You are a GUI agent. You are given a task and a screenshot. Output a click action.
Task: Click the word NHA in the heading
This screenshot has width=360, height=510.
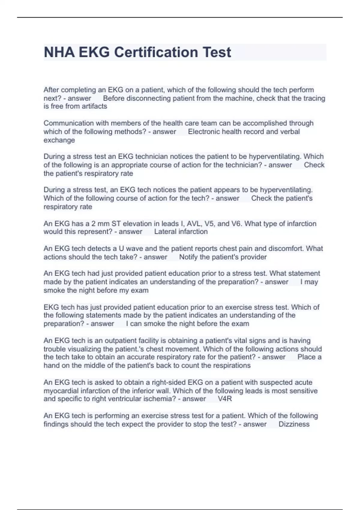coord(59,52)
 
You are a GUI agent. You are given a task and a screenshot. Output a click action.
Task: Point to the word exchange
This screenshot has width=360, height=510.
coord(59,140)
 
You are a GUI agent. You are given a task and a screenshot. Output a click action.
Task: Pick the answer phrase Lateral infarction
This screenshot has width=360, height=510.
coord(181,232)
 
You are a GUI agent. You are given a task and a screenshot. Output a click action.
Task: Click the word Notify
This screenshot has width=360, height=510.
coord(188,257)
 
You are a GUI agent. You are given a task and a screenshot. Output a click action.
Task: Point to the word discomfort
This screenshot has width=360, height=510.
coord(286,249)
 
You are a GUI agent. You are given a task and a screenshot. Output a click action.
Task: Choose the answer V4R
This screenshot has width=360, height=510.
coord(225,399)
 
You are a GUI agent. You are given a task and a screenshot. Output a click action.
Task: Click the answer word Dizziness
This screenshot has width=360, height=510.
coord(294,424)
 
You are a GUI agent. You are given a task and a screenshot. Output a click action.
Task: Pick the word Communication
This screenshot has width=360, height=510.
coord(65,123)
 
